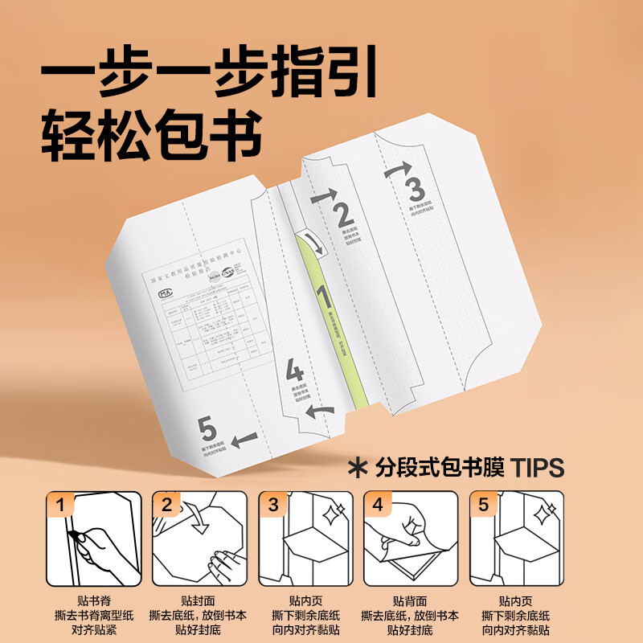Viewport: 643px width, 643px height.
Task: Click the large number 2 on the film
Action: pyautogui.click(x=343, y=216)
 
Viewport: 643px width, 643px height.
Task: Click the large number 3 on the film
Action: pyautogui.click(x=415, y=190)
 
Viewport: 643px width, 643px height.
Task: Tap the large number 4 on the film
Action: pyautogui.click(x=295, y=371)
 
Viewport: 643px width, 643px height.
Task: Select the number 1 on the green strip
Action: pyautogui.click(x=322, y=297)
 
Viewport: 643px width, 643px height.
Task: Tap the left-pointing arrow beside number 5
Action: pyautogui.click(x=244, y=439)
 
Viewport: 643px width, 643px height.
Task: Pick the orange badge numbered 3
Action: pyautogui.click(x=272, y=505)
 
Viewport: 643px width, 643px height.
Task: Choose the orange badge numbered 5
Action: pyautogui.click(x=483, y=505)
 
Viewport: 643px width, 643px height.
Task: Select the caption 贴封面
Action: pyautogui.click(x=196, y=600)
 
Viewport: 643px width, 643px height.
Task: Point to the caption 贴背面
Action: pyautogui.click(x=408, y=600)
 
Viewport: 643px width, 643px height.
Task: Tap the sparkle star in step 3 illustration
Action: pyautogui.click(x=330, y=513)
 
